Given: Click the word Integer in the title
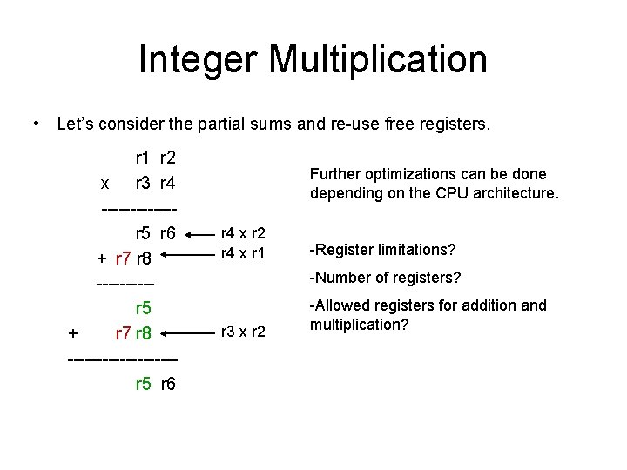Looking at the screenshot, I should tap(198, 60).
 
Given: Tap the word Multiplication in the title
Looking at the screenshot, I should tap(378, 60).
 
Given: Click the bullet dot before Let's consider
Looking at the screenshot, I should tap(34, 124).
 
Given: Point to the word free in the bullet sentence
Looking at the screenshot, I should tap(408, 124).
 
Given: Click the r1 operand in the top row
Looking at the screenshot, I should tap(143, 158).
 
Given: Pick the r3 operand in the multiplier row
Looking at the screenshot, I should tap(143, 184).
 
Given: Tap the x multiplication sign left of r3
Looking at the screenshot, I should tap(105, 184).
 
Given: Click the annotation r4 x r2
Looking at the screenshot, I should tap(243, 232).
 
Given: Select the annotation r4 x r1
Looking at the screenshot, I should tap(243, 253).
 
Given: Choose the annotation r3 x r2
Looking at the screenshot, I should tap(243, 332).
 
